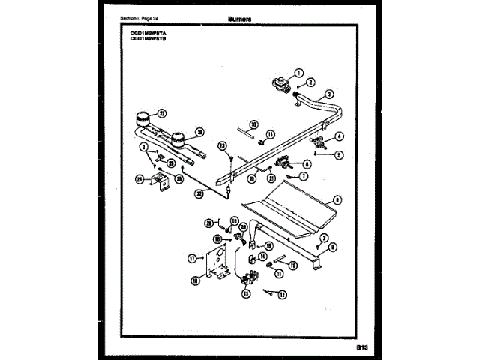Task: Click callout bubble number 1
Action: [x=298, y=73]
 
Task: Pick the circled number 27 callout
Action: [x=160, y=113]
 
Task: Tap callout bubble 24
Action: [x=139, y=178]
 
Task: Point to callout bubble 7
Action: [x=304, y=176]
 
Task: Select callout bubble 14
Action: [x=262, y=256]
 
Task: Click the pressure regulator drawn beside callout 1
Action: [x=279, y=82]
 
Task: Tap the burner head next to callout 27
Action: [x=140, y=120]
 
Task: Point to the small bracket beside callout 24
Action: [x=158, y=181]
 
